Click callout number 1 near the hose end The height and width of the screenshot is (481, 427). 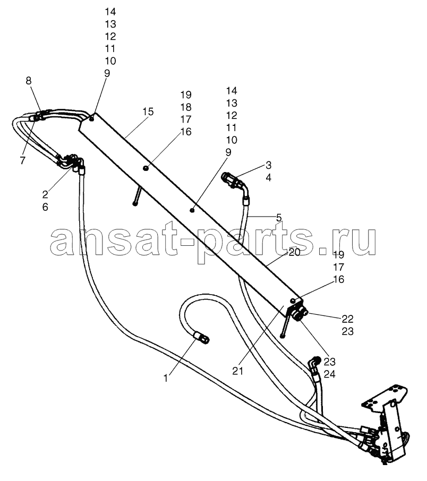[x=166, y=379]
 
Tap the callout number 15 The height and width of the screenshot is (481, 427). [x=148, y=111]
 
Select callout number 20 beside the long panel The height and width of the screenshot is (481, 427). [x=294, y=252]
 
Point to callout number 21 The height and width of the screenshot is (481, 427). [x=237, y=371]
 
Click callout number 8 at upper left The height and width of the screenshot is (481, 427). [x=29, y=81]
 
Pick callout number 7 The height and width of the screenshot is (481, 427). [x=23, y=160]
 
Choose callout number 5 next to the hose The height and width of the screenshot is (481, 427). [x=279, y=218]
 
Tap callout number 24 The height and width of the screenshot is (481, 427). [x=329, y=374]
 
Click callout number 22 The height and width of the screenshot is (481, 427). [x=347, y=319]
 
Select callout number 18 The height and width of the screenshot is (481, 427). [x=186, y=107]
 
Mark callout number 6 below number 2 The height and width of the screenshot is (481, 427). [x=45, y=207]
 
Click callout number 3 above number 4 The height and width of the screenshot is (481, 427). [x=268, y=165]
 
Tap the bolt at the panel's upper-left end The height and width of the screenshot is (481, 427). [x=91, y=118]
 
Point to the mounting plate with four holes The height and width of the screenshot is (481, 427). [x=386, y=395]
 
